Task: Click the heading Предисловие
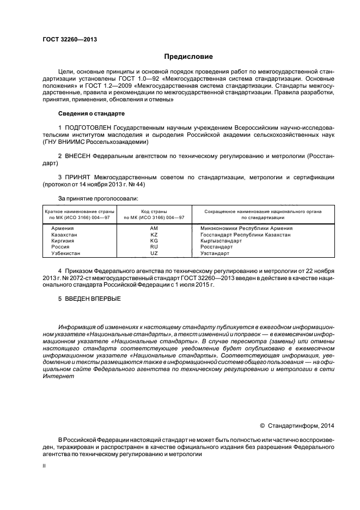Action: pyautogui.click(x=189, y=57)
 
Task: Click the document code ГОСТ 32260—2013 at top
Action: pyautogui.click(x=66, y=39)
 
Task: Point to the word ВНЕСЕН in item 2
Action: pyautogui.click(x=78, y=156)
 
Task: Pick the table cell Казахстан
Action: pyautogui.click(x=64, y=234)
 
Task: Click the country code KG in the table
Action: pyautogui.click(x=154, y=240)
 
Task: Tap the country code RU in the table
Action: pyautogui.click(x=154, y=247)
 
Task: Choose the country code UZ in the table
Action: pyautogui.click(x=154, y=253)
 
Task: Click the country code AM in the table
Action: pyautogui.click(x=154, y=228)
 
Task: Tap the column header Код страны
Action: pyautogui.click(x=154, y=211)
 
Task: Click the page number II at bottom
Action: pyautogui.click(x=45, y=467)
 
